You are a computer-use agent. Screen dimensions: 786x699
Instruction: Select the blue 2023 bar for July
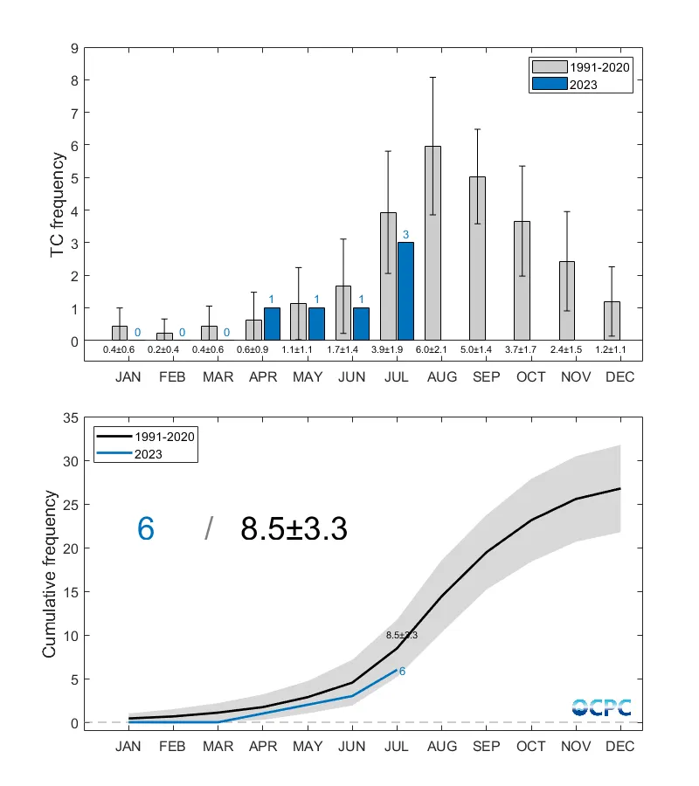405,292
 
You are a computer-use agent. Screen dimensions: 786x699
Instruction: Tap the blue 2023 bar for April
272,324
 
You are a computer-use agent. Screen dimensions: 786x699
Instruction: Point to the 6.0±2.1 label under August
433,351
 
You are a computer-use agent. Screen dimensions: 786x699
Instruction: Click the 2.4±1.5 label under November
566,351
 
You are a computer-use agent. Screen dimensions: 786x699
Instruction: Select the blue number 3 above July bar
405,235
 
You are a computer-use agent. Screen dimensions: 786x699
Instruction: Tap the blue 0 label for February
182,333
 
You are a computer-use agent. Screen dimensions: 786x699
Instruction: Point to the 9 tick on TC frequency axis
74,48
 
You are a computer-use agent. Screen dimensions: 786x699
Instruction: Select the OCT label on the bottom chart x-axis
530,747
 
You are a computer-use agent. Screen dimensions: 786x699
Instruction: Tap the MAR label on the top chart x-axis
218,377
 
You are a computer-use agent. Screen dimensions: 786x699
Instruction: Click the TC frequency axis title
58,204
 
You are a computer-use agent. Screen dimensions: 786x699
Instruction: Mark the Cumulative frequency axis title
50,575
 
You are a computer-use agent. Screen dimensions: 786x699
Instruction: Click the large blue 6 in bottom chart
146,528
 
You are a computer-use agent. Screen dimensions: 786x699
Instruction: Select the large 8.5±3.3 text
294,528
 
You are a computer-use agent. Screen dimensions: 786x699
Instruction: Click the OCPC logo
601,707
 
